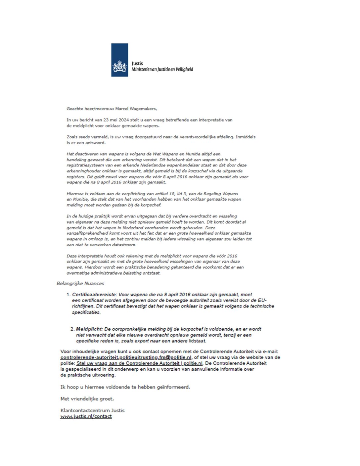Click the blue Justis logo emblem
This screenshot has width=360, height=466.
119,60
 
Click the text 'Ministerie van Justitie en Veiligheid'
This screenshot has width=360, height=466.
162,69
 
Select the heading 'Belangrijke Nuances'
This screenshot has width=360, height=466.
80,283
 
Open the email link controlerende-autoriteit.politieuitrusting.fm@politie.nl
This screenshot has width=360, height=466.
126,357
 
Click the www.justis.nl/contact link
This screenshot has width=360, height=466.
86,416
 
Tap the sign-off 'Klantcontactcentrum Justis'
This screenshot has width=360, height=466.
92,410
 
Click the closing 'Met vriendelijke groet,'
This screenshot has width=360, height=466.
87,398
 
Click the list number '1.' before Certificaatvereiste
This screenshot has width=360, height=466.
68,294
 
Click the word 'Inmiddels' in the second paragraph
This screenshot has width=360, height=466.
246,137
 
